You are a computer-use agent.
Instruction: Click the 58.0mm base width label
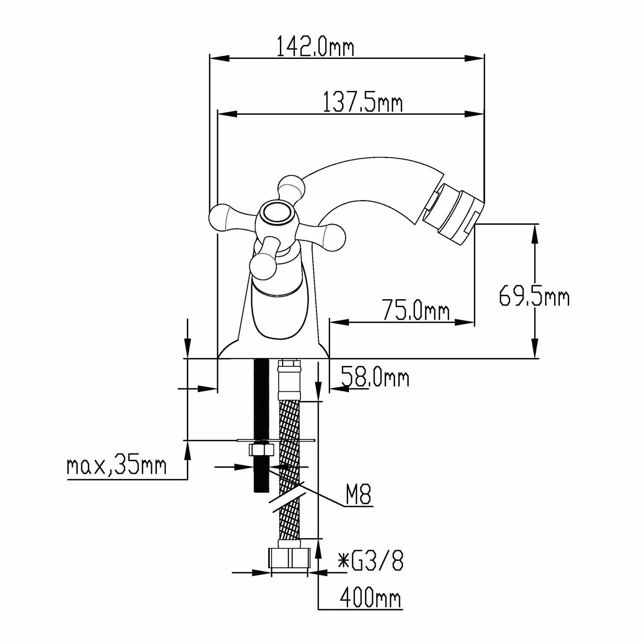coord(375,377)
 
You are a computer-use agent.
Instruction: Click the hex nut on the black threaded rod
coord(261,450)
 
